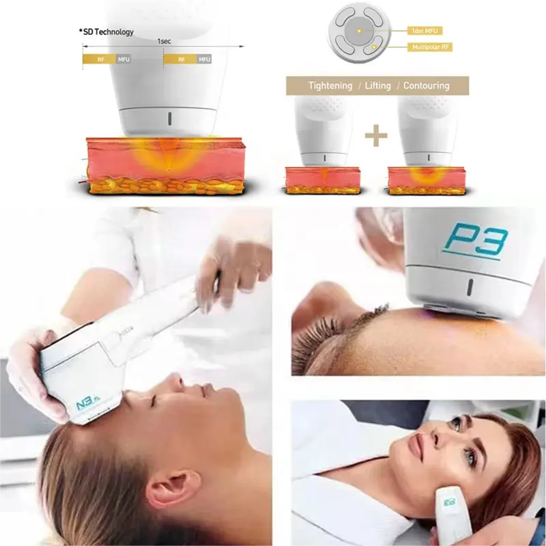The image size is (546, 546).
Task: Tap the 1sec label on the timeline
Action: pyautogui.click(x=164, y=41)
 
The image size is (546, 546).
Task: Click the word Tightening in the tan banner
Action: pyautogui.click(x=330, y=86)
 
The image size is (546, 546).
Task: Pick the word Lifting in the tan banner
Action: pyautogui.click(x=377, y=86)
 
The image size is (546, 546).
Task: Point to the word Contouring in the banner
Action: pyautogui.click(x=426, y=86)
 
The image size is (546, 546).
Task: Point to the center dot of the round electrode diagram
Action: pyautogui.click(x=357, y=31)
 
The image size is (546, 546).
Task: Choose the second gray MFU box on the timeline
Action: pyautogui.click(x=204, y=59)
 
